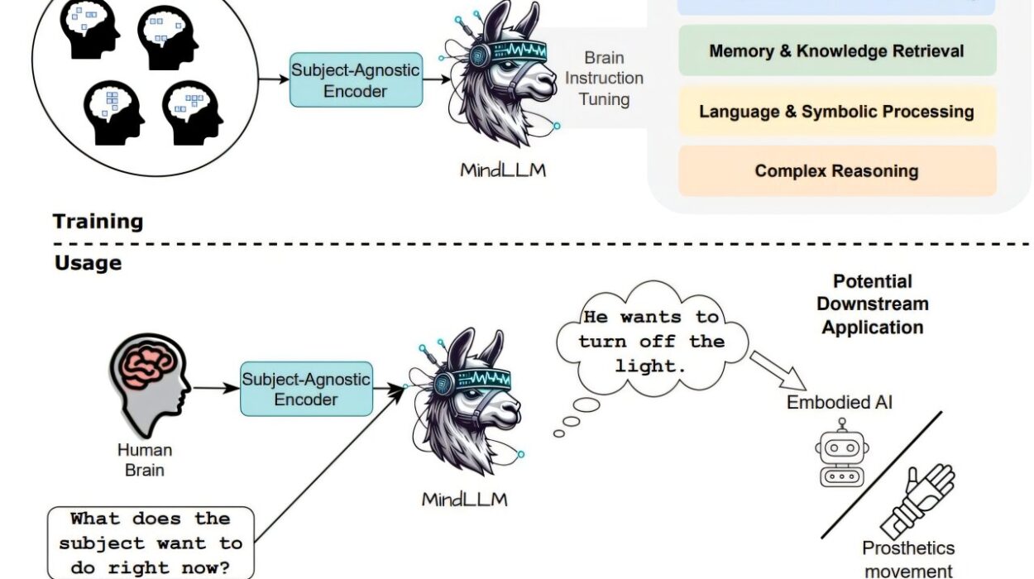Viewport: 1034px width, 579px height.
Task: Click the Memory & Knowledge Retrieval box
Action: (836, 50)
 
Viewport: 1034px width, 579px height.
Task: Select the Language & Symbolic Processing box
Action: (836, 111)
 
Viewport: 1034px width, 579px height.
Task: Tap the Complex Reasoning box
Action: (836, 171)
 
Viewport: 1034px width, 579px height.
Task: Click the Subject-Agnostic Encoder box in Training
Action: (356, 80)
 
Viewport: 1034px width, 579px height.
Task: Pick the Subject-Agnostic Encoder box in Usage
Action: (306, 389)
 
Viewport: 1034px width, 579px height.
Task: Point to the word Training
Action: (98, 221)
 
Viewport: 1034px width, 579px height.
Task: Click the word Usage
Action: (88, 263)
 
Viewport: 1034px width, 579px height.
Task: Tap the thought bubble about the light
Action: (651, 341)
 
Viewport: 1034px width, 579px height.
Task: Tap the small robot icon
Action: (841, 452)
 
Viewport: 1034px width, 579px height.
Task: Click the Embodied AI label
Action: (840, 403)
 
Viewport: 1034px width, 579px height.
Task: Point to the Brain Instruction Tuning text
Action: (604, 79)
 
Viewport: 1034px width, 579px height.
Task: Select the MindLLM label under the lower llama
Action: (464, 499)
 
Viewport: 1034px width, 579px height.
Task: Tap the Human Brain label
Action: (145, 460)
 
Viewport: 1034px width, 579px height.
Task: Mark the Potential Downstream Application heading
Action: (872, 304)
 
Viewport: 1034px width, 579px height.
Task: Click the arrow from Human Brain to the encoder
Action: (215, 387)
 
